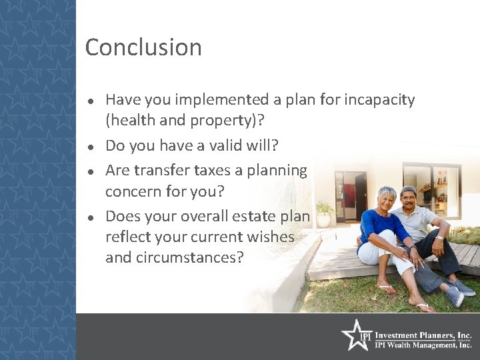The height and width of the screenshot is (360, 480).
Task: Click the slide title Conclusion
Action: pos(143,47)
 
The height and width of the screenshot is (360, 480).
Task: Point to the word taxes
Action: pos(209,170)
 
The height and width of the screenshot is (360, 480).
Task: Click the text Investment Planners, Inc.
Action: pos(423,335)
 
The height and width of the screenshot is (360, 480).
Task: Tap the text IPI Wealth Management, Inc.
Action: pos(423,345)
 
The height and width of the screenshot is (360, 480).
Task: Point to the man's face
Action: pos(409,199)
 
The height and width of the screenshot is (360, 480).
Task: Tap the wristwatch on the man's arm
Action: pos(439,237)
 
